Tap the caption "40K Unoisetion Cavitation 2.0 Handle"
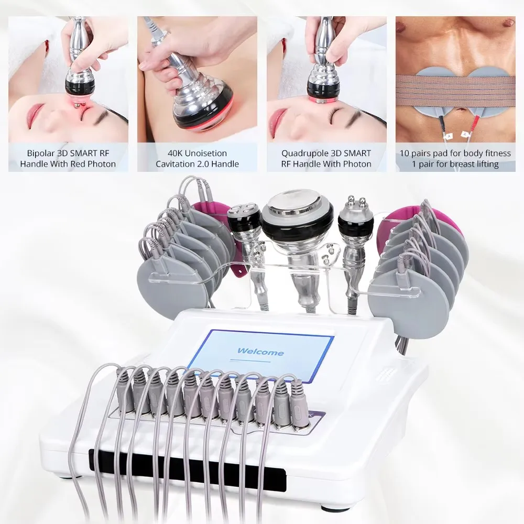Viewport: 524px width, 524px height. [x=197, y=158]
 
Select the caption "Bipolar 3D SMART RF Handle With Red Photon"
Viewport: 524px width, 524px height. [x=68, y=158]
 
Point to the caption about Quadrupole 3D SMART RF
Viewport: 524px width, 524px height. [x=326, y=158]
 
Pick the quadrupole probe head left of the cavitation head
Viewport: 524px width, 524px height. [x=245, y=215]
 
